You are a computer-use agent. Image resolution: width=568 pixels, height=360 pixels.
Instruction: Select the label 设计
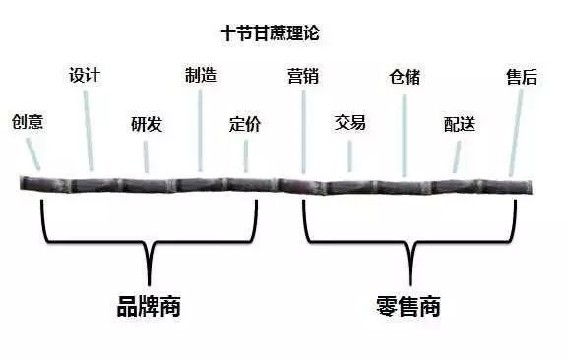point(85,75)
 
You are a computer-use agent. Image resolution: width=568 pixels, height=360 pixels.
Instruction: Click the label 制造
point(201,75)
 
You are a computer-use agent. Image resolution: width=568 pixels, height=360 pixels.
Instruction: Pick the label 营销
point(302,76)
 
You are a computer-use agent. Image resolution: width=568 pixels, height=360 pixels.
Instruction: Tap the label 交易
point(350,123)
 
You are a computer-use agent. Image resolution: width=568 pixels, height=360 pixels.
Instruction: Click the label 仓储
point(405,76)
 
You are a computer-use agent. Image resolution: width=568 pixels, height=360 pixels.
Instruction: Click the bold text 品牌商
point(149,306)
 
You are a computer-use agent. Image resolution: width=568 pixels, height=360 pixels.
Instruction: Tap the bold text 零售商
point(408,306)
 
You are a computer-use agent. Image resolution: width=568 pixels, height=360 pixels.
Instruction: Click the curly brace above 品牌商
point(149,241)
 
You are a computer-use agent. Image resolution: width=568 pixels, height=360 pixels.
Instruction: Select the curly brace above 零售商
point(408,241)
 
